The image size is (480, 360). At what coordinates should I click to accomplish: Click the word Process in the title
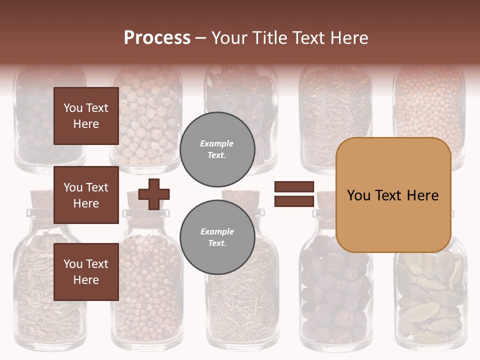tap(157, 38)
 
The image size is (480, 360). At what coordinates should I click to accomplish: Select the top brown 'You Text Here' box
tap(86, 116)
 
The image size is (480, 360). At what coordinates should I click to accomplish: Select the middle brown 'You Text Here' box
tap(86, 195)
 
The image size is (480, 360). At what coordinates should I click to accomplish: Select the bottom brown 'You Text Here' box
tap(86, 272)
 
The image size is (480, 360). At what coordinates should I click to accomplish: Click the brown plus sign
tap(153, 194)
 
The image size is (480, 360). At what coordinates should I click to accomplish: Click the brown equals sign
tap(294, 194)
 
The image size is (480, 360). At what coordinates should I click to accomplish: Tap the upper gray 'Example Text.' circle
tap(217, 149)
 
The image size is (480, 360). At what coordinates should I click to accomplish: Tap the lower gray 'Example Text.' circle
tap(217, 237)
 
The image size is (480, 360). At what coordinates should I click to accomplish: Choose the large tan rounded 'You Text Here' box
tap(393, 195)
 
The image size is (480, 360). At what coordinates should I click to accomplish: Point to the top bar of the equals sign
tap(294, 187)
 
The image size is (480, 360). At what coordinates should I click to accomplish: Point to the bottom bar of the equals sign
tap(294, 201)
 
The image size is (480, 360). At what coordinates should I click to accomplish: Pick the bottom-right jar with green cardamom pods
tap(430, 300)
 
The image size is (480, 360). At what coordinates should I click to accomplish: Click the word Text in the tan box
tap(392, 195)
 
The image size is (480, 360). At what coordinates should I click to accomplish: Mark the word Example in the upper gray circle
tap(216, 144)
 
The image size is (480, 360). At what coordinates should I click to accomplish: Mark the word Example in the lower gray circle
tap(217, 232)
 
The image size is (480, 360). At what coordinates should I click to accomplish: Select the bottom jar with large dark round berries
tap(335, 295)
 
